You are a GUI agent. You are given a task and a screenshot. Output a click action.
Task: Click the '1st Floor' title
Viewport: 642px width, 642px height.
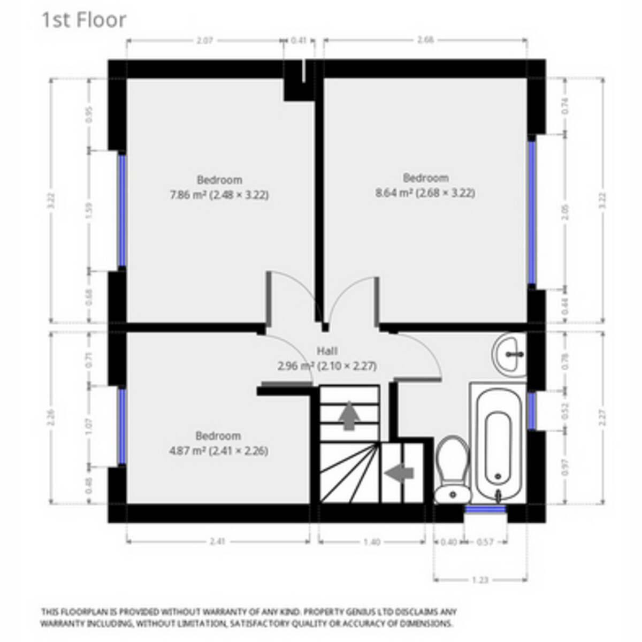pos(84,20)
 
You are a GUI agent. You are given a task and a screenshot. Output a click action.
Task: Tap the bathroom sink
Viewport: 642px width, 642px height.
pos(509,353)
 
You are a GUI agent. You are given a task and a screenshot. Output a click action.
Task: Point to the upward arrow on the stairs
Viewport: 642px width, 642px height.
pos(349,415)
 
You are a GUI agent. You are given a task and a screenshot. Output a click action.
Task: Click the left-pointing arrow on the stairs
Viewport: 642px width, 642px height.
pos(400,472)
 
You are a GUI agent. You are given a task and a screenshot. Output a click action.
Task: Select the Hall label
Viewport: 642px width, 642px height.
pos(327,351)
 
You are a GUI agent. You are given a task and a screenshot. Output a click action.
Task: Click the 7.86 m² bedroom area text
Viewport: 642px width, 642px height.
pos(219,195)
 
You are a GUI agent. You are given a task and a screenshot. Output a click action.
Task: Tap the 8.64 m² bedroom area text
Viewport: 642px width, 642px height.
pos(425,193)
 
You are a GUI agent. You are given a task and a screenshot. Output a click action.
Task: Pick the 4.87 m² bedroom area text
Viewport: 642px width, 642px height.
pos(218,450)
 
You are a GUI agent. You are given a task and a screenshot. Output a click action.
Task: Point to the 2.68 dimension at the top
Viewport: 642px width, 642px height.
pos(425,40)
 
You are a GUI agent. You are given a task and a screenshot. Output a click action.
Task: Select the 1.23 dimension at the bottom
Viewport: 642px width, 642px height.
pos(480,579)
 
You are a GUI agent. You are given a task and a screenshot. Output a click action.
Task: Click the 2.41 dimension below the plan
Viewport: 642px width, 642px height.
pos(218,542)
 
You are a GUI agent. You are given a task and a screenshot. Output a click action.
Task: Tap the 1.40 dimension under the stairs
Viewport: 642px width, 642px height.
pos(372,542)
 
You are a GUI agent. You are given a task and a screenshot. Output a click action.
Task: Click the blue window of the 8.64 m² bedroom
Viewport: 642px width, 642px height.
pos(532,211)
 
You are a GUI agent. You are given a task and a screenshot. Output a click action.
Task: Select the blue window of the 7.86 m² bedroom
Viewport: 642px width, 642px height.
pos(121,210)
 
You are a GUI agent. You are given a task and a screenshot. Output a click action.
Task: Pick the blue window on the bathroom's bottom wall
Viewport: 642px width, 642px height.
pos(485,509)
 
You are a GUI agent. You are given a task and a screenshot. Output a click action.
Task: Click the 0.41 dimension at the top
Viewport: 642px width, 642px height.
pos(299,40)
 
